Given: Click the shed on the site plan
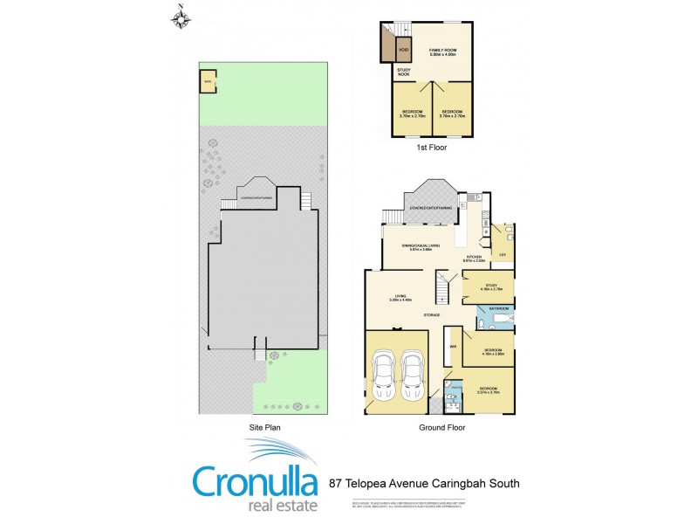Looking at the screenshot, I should pyautogui.click(x=208, y=83).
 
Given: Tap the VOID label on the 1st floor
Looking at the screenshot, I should pyautogui.click(x=403, y=50).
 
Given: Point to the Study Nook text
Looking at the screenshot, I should pyautogui.click(x=403, y=72).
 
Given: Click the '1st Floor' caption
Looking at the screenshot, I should pyautogui.click(x=434, y=148).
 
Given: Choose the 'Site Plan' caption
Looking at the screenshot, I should pyautogui.click(x=264, y=428).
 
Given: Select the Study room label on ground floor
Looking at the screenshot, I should pyautogui.click(x=491, y=285).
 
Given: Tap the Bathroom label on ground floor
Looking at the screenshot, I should pyautogui.click(x=499, y=308).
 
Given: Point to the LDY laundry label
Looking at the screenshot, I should pyautogui.click(x=502, y=254).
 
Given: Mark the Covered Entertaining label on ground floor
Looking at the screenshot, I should pyautogui.click(x=431, y=208).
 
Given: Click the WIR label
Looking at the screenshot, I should pyautogui.click(x=452, y=347).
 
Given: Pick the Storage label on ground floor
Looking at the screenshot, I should pyautogui.click(x=431, y=314).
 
